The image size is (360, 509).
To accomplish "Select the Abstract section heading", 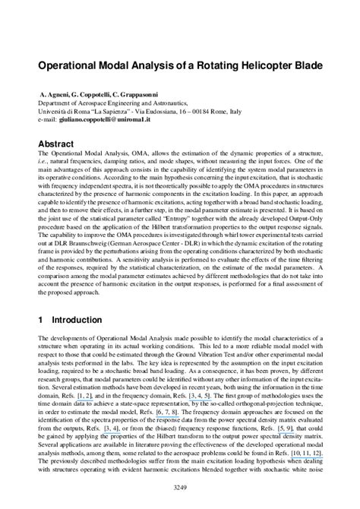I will point(59,143).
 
